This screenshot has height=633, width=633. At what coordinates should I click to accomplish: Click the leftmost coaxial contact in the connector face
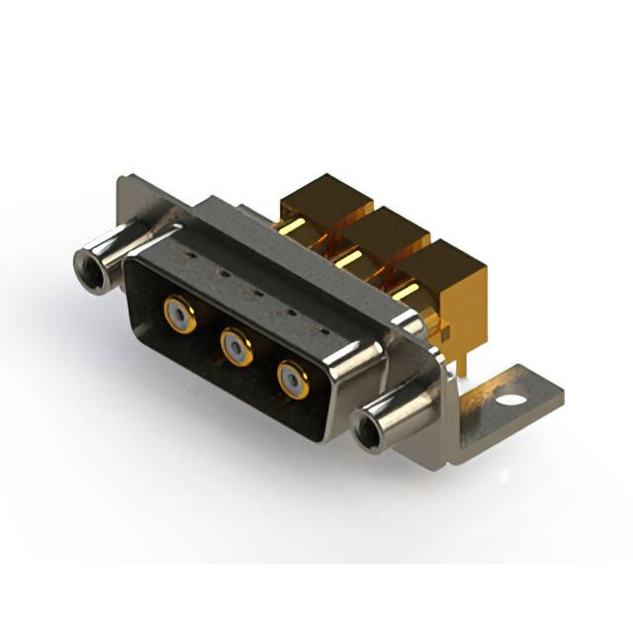pyautogui.click(x=178, y=316)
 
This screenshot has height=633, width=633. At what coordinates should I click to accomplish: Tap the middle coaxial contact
pyautogui.click(x=235, y=345)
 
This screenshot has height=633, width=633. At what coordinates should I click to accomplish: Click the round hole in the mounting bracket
pyautogui.click(x=512, y=402)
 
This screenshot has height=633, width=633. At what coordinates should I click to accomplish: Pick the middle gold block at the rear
pyautogui.click(x=387, y=235)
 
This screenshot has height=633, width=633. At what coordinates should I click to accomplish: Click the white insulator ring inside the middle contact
pyautogui.click(x=235, y=345)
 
